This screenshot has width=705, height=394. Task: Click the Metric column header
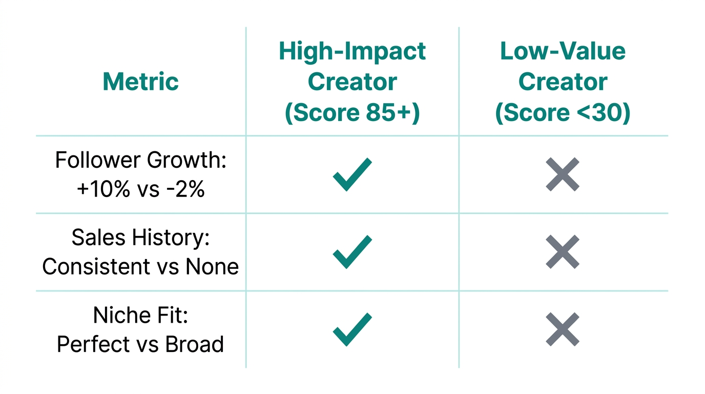pyautogui.click(x=140, y=82)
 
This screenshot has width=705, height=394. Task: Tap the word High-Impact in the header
pyautogui.click(x=352, y=51)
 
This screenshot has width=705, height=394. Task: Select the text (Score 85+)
pyautogui.click(x=352, y=113)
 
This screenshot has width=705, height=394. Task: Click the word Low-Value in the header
pyautogui.click(x=563, y=51)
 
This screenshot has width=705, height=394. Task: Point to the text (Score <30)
pyautogui.click(x=563, y=113)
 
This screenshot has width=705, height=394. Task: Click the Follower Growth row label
pyautogui.click(x=140, y=161)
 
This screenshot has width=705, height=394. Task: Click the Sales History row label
pyautogui.click(x=140, y=238)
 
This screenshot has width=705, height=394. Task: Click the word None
pyautogui.click(x=212, y=267)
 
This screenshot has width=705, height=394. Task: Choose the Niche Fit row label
pyautogui.click(x=140, y=315)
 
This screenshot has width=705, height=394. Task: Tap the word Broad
pyautogui.click(x=194, y=344)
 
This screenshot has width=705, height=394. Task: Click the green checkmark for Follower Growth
pyautogui.click(x=352, y=174)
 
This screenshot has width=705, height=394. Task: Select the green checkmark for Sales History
pyautogui.click(x=352, y=252)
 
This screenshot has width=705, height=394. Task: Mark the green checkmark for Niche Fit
pyautogui.click(x=352, y=329)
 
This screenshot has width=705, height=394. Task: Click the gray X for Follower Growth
pyautogui.click(x=563, y=174)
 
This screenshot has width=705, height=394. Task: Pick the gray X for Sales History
pyautogui.click(x=563, y=252)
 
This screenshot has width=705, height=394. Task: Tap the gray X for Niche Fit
pyautogui.click(x=563, y=329)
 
